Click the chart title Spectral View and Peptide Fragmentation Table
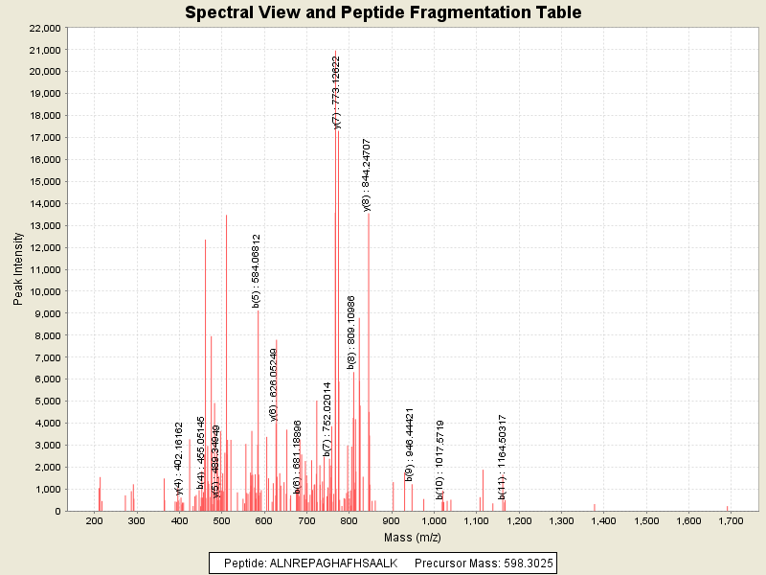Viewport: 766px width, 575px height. tap(383, 12)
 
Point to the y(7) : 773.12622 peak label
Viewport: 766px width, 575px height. tap(336, 91)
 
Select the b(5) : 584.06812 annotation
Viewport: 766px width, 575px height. tap(256, 270)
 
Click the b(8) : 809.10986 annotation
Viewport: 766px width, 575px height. tap(351, 332)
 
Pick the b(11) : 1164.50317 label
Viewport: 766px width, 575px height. tap(503, 456)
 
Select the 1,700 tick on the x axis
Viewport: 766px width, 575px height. tap(731, 520)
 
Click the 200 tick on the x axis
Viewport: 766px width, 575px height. tap(94, 520)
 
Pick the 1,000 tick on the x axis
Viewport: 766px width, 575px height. tap(434, 520)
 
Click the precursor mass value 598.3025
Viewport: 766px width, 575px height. tap(521, 563)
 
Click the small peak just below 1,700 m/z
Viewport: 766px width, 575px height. tap(727, 508)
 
